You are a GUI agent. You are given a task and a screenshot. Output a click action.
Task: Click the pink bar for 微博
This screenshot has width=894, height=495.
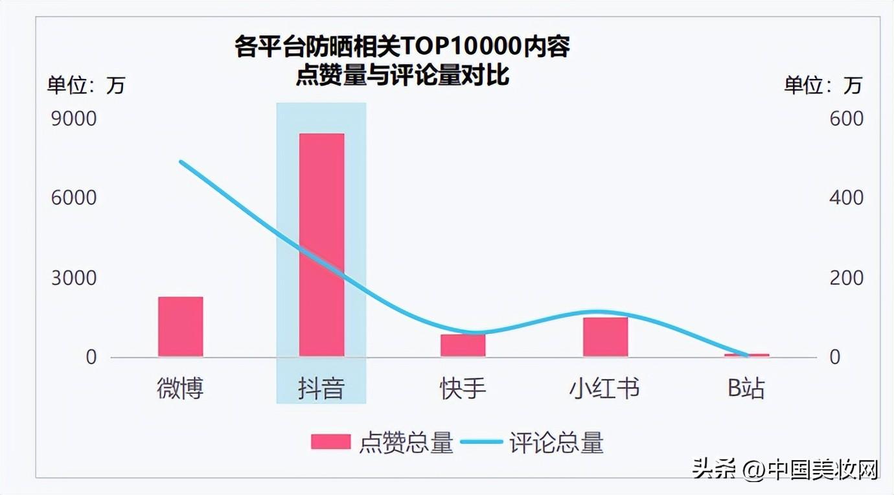[x=180, y=327]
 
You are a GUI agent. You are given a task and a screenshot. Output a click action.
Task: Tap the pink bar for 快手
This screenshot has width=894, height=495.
[x=463, y=345]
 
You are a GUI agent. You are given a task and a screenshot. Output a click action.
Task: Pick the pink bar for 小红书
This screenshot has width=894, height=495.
[x=605, y=337]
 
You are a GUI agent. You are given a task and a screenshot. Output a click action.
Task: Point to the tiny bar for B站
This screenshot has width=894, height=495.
[x=746, y=355]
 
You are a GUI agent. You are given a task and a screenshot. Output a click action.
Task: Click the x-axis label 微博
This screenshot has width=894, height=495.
[x=180, y=388]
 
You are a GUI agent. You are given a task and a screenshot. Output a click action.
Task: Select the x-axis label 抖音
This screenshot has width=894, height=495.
[x=321, y=388]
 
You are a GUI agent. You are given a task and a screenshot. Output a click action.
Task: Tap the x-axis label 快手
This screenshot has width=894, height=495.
[x=463, y=388]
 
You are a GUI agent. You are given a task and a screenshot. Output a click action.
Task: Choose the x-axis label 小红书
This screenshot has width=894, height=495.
[x=604, y=388]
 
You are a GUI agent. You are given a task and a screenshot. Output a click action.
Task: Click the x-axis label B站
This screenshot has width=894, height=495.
[x=746, y=388]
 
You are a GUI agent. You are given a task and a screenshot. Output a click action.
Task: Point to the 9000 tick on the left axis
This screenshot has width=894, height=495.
[x=74, y=119]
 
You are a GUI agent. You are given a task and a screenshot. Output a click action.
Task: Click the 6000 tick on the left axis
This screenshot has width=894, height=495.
[x=74, y=198]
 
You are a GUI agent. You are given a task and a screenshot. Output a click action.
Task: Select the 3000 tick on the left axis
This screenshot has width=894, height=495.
[x=74, y=278]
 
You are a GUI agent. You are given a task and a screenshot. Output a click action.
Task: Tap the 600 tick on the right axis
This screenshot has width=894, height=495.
[x=846, y=119]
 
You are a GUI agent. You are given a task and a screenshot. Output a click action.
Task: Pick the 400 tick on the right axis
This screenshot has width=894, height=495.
[x=846, y=198]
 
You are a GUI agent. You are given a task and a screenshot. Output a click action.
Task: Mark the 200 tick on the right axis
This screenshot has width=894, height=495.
[x=846, y=278]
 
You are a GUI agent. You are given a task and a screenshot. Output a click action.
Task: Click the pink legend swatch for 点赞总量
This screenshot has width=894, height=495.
[x=330, y=442]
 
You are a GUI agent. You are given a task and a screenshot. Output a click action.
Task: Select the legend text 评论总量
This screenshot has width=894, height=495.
[x=556, y=443]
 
